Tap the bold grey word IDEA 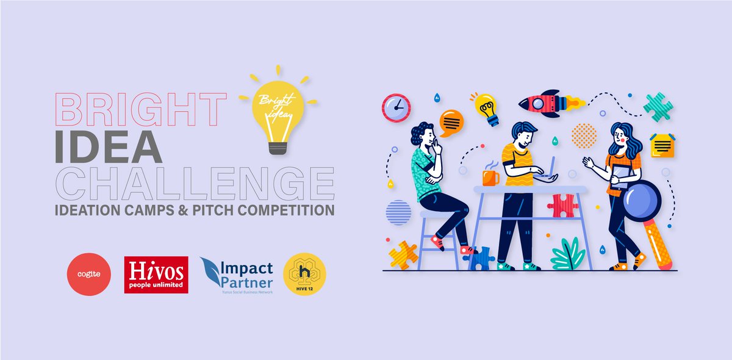pyautogui.click(x=108, y=147)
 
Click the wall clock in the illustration pyautogui.click(x=396, y=107)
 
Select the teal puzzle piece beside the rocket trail pyautogui.click(x=659, y=107)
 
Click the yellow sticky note pyautogui.click(x=662, y=145)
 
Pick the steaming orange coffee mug pyautogui.click(x=490, y=177)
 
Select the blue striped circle pyautogui.click(x=398, y=214)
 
